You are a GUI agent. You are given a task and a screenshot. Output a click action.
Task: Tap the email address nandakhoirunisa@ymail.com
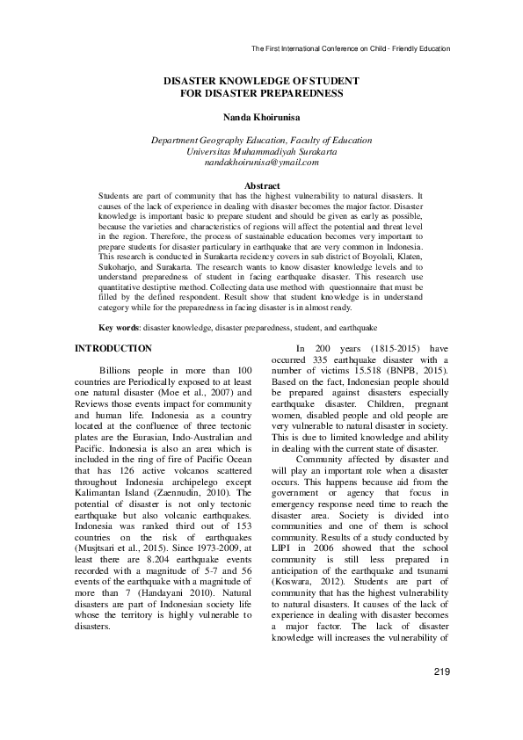(261, 163)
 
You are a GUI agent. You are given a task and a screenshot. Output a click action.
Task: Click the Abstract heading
(261, 186)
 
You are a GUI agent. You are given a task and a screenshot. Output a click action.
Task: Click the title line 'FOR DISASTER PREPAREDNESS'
(261, 92)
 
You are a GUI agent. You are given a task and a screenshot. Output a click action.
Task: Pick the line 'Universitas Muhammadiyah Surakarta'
(261, 151)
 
